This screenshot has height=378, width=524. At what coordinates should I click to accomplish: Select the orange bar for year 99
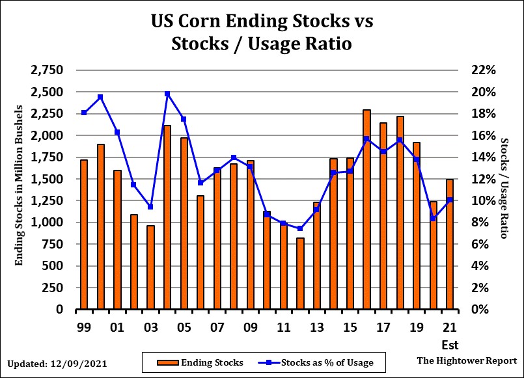tap(84, 234)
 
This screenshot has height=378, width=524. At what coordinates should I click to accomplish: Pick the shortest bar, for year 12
tap(300, 273)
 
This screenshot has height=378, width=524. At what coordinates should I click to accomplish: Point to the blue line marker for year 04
tap(167, 94)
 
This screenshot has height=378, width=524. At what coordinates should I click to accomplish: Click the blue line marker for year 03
tap(150, 207)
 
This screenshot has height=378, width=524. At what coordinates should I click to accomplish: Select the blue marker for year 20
tap(433, 219)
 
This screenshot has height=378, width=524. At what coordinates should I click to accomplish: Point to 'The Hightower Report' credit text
tap(467, 360)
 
